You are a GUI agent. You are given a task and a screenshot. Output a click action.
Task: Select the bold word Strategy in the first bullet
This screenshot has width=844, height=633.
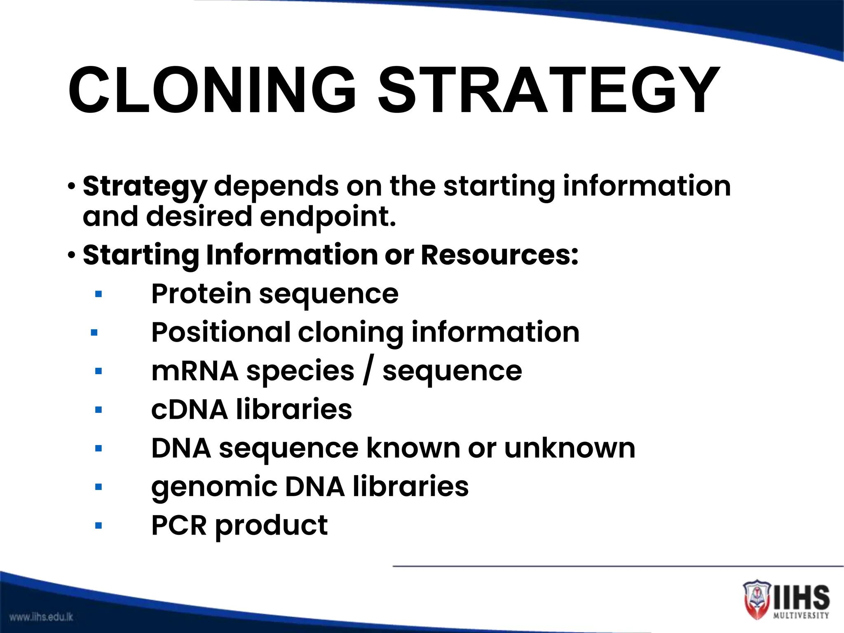click(x=145, y=187)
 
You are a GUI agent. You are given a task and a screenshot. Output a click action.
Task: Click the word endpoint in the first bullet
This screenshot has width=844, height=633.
click(x=328, y=217)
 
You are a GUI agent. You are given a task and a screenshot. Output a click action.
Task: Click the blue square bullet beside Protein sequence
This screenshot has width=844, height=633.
click(x=98, y=294)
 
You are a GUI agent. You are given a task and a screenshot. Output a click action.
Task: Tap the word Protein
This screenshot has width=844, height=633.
click(x=201, y=294)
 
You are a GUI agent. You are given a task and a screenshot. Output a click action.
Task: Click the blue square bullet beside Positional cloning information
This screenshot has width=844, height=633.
click(x=94, y=333)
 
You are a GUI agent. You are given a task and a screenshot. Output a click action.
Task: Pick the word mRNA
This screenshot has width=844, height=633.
click(x=195, y=371)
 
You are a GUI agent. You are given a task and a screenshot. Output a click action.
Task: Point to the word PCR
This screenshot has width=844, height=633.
click(x=179, y=525)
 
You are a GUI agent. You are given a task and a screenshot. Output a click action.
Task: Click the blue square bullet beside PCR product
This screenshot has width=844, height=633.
click(x=98, y=525)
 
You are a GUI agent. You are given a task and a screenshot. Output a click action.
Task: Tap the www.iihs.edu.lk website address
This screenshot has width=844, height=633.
click(x=41, y=617)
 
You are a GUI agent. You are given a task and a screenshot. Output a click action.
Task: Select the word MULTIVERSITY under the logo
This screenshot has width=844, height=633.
click(x=801, y=615)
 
